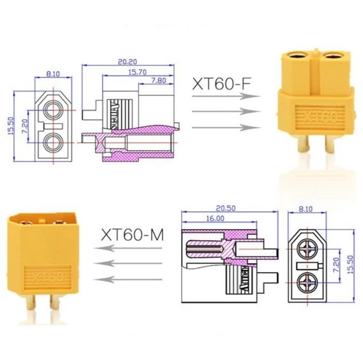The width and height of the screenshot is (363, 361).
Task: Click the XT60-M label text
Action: [x=132, y=235]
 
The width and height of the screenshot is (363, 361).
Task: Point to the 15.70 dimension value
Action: [x=138, y=72]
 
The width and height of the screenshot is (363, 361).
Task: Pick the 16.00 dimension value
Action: [x=216, y=218]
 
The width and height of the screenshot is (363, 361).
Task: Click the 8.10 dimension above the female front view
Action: [x=53, y=75]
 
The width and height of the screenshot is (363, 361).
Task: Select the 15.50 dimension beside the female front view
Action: [x=10, y=126]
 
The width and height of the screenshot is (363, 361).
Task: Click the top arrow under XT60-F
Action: [x=226, y=96]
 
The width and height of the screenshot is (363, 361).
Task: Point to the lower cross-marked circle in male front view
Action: [x=306, y=282]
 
